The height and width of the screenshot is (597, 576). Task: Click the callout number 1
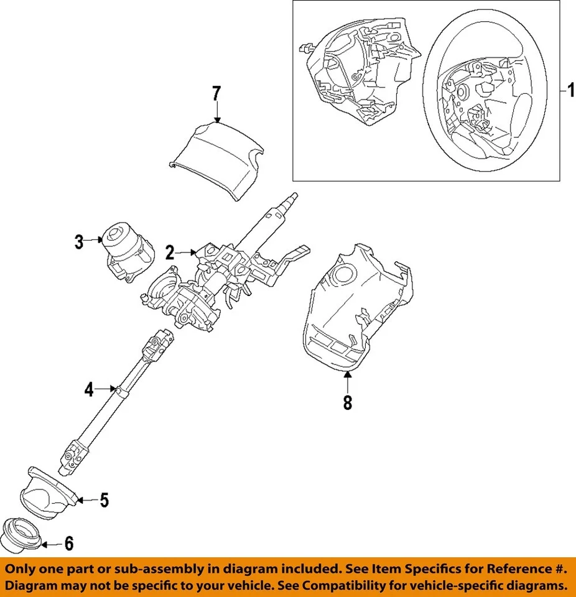568,92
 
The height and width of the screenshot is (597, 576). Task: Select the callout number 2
169,252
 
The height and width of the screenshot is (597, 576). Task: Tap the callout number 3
79,241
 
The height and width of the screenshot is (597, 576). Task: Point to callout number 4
89,391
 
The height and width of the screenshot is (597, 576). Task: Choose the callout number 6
68,544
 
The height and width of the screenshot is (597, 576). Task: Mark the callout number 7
216,94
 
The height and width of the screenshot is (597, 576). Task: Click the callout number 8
347,402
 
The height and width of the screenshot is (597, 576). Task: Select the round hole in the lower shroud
341,275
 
